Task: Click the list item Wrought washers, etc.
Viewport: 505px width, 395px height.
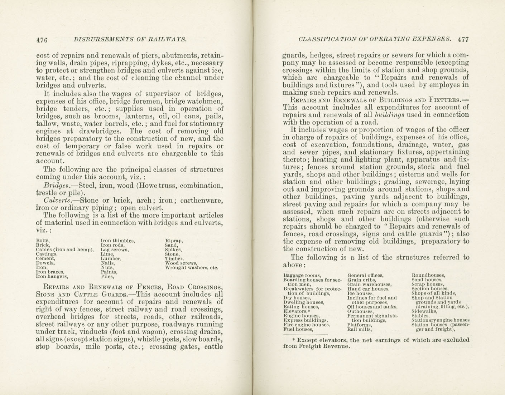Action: tap(191, 267)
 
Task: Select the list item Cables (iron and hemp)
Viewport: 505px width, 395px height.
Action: tap(65, 250)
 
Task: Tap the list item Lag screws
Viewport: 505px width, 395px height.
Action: tap(115, 250)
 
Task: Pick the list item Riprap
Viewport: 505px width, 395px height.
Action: tap(174, 241)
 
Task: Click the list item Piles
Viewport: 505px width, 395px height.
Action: tap(107, 276)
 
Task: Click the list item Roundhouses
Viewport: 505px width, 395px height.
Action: tap(428, 275)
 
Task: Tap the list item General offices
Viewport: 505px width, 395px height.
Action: tap(365, 275)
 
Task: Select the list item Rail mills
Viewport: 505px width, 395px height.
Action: tap(359, 330)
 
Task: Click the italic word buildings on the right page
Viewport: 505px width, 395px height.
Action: tap(389, 115)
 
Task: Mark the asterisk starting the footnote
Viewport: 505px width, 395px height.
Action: tap(294, 340)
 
